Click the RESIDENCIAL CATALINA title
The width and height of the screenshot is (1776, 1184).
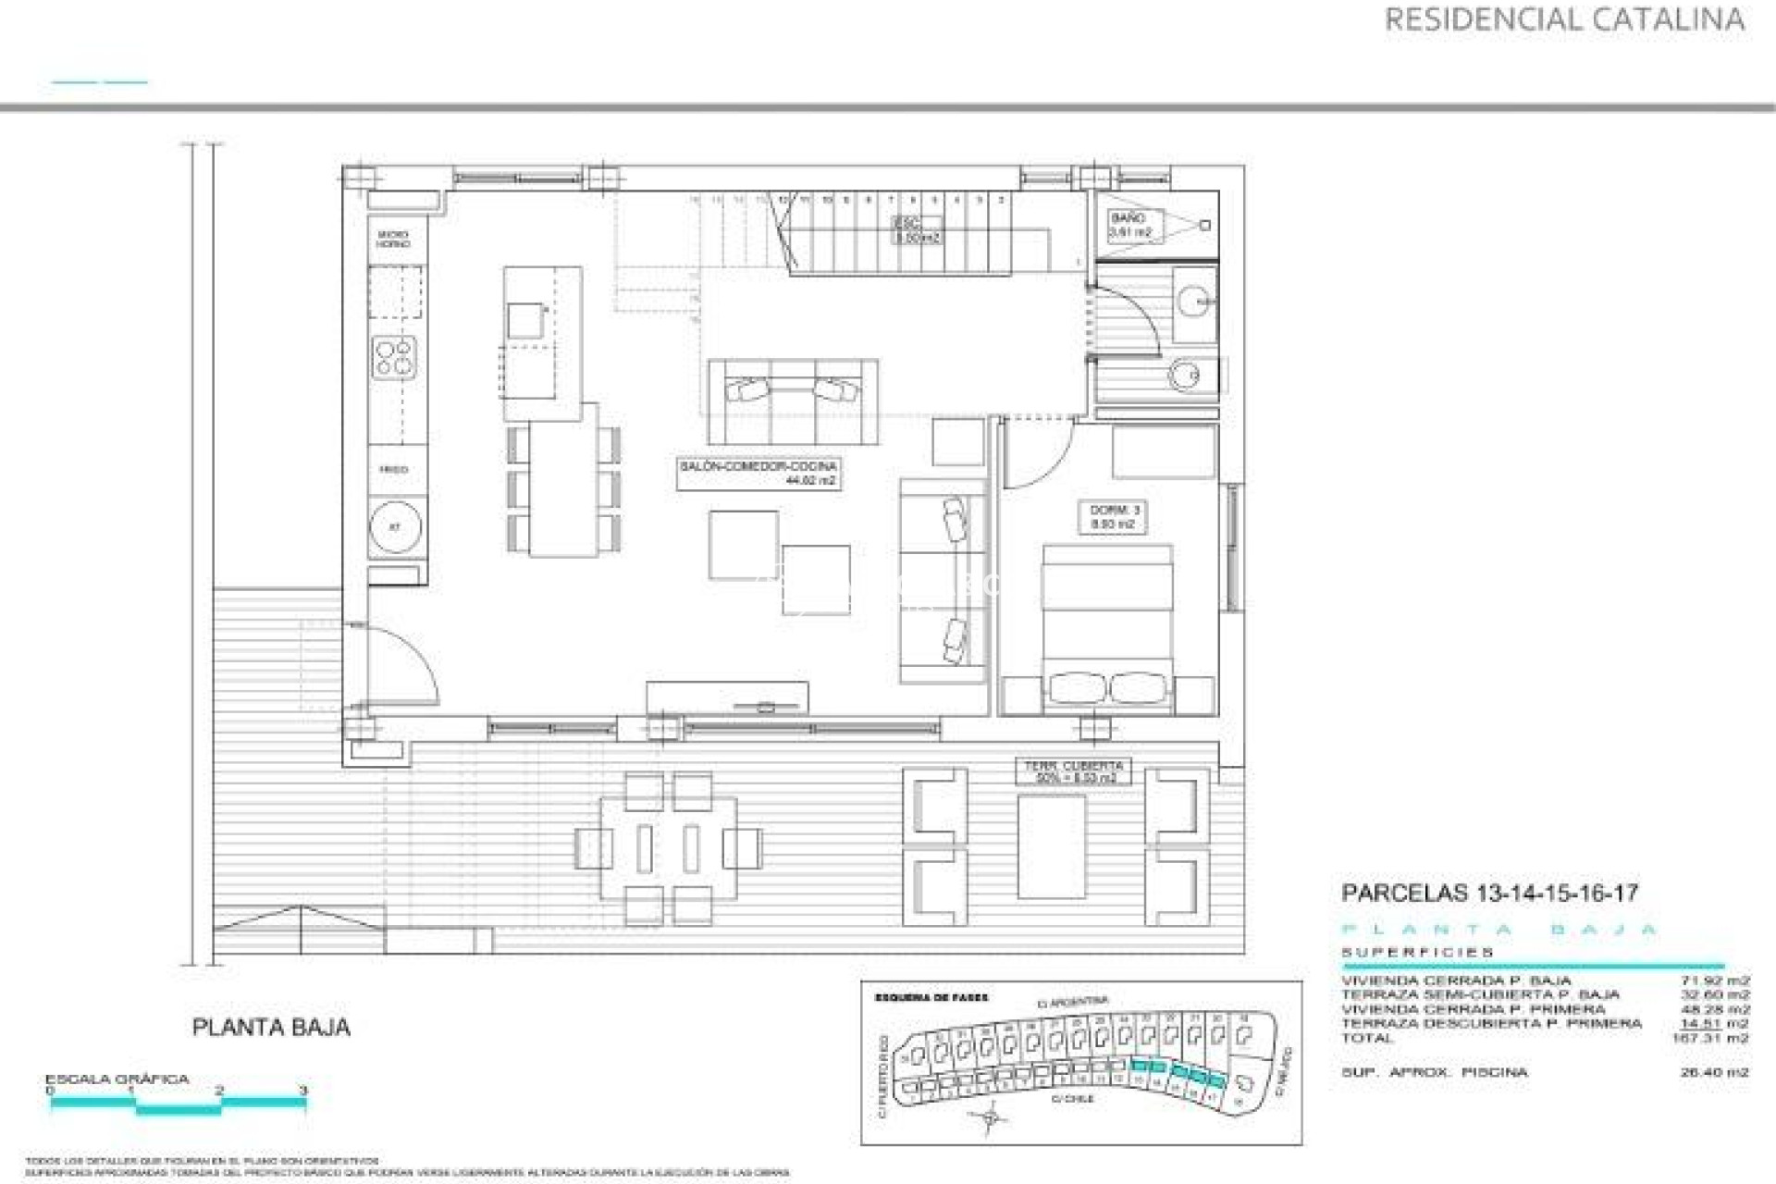coord(1563,19)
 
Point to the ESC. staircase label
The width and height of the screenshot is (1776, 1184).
coord(917,229)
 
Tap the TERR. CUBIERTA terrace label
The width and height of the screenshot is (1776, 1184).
coord(1073,771)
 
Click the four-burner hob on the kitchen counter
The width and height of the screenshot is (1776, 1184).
coord(394,357)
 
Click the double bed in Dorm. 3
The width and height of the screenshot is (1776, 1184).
coord(1107,629)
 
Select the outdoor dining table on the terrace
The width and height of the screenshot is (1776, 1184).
coord(669,848)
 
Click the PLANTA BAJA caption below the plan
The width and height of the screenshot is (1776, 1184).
coord(271,1027)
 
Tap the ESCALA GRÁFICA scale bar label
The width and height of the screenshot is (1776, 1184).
coord(117,1079)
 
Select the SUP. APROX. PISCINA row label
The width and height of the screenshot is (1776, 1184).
coord(1434,1072)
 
